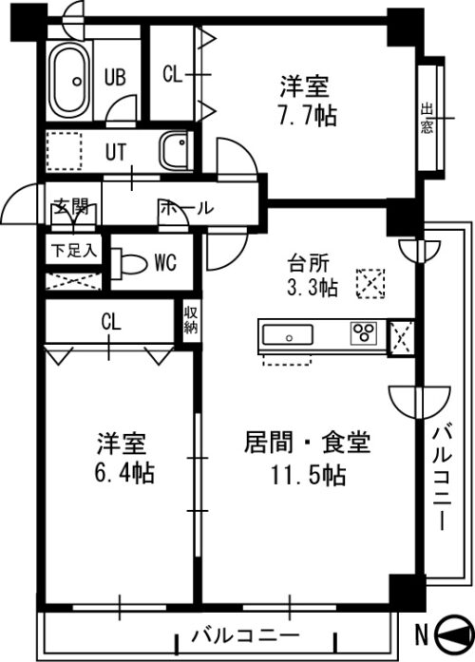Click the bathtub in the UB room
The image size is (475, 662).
tap(69, 81)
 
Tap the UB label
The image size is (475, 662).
tap(115, 77)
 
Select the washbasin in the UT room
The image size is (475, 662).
tap(173, 150)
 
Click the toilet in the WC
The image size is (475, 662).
tap(128, 263)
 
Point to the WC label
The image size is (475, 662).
tap(165, 262)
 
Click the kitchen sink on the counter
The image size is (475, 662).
tap(288, 335)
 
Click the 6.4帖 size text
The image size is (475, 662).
tap(124, 472)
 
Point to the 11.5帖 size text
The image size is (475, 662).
tap(308, 476)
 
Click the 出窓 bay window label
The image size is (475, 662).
tap(427, 118)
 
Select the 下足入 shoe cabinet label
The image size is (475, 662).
tap(74, 251)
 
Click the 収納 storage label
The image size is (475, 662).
tap(191, 320)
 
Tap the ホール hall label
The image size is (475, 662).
tap(186, 207)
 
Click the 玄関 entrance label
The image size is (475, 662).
tap(71, 206)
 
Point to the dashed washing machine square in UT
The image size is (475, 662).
tap(65, 151)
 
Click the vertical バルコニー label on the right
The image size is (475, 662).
tap(442, 479)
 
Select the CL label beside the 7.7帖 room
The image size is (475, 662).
tap(172, 75)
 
